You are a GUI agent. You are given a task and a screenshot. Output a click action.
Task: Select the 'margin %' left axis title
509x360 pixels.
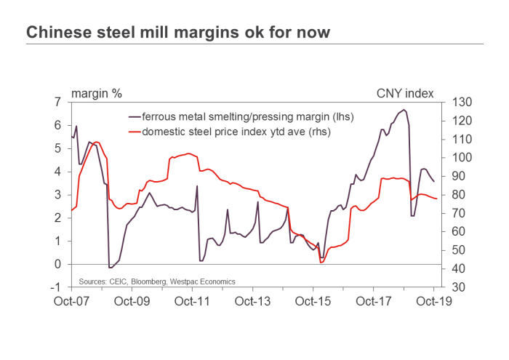click(x=96, y=93)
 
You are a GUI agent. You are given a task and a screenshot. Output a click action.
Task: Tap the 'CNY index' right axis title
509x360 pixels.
click(x=405, y=93)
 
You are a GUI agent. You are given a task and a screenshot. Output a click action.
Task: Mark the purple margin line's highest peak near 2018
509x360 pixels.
click(x=404, y=110)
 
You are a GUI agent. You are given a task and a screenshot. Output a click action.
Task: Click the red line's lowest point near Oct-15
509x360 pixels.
click(x=321, y=263)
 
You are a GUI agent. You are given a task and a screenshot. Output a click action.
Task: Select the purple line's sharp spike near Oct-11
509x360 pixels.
click(x=197, y=186)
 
